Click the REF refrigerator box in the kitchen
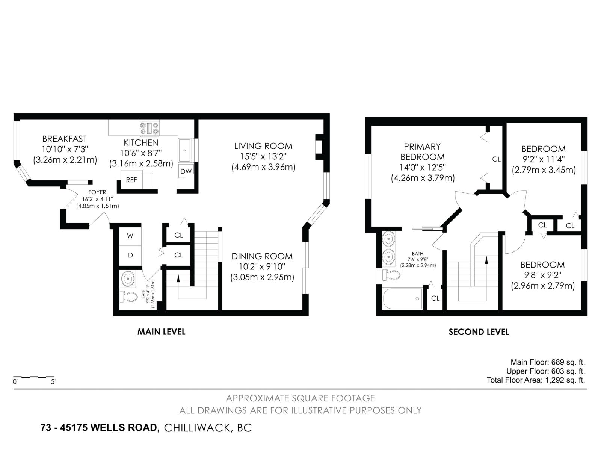131,180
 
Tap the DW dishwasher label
186,171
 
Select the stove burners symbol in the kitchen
149,128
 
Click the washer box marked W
130,236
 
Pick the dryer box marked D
130,255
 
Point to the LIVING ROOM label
263,146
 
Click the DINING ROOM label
262,256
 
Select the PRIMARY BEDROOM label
422,152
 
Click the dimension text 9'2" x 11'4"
543,159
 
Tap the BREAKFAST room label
64,139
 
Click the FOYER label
97,192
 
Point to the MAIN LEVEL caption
161,332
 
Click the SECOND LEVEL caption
479,332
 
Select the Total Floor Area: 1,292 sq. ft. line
536,380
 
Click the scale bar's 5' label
53,382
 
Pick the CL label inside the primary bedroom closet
496,159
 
